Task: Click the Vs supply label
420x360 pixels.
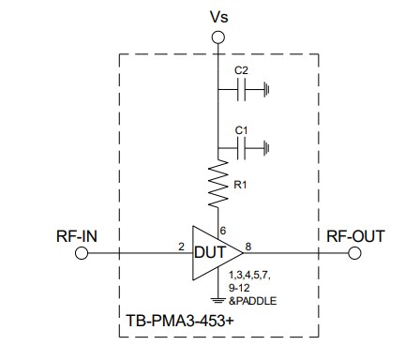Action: click(x=217, y=16)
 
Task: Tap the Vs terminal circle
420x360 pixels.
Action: click(x=217, y=37)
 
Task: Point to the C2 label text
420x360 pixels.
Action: click(x=241, y=71)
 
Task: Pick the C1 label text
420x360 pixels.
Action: click(x=241, y=127)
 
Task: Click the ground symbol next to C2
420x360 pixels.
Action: click(x=269, y=91)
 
